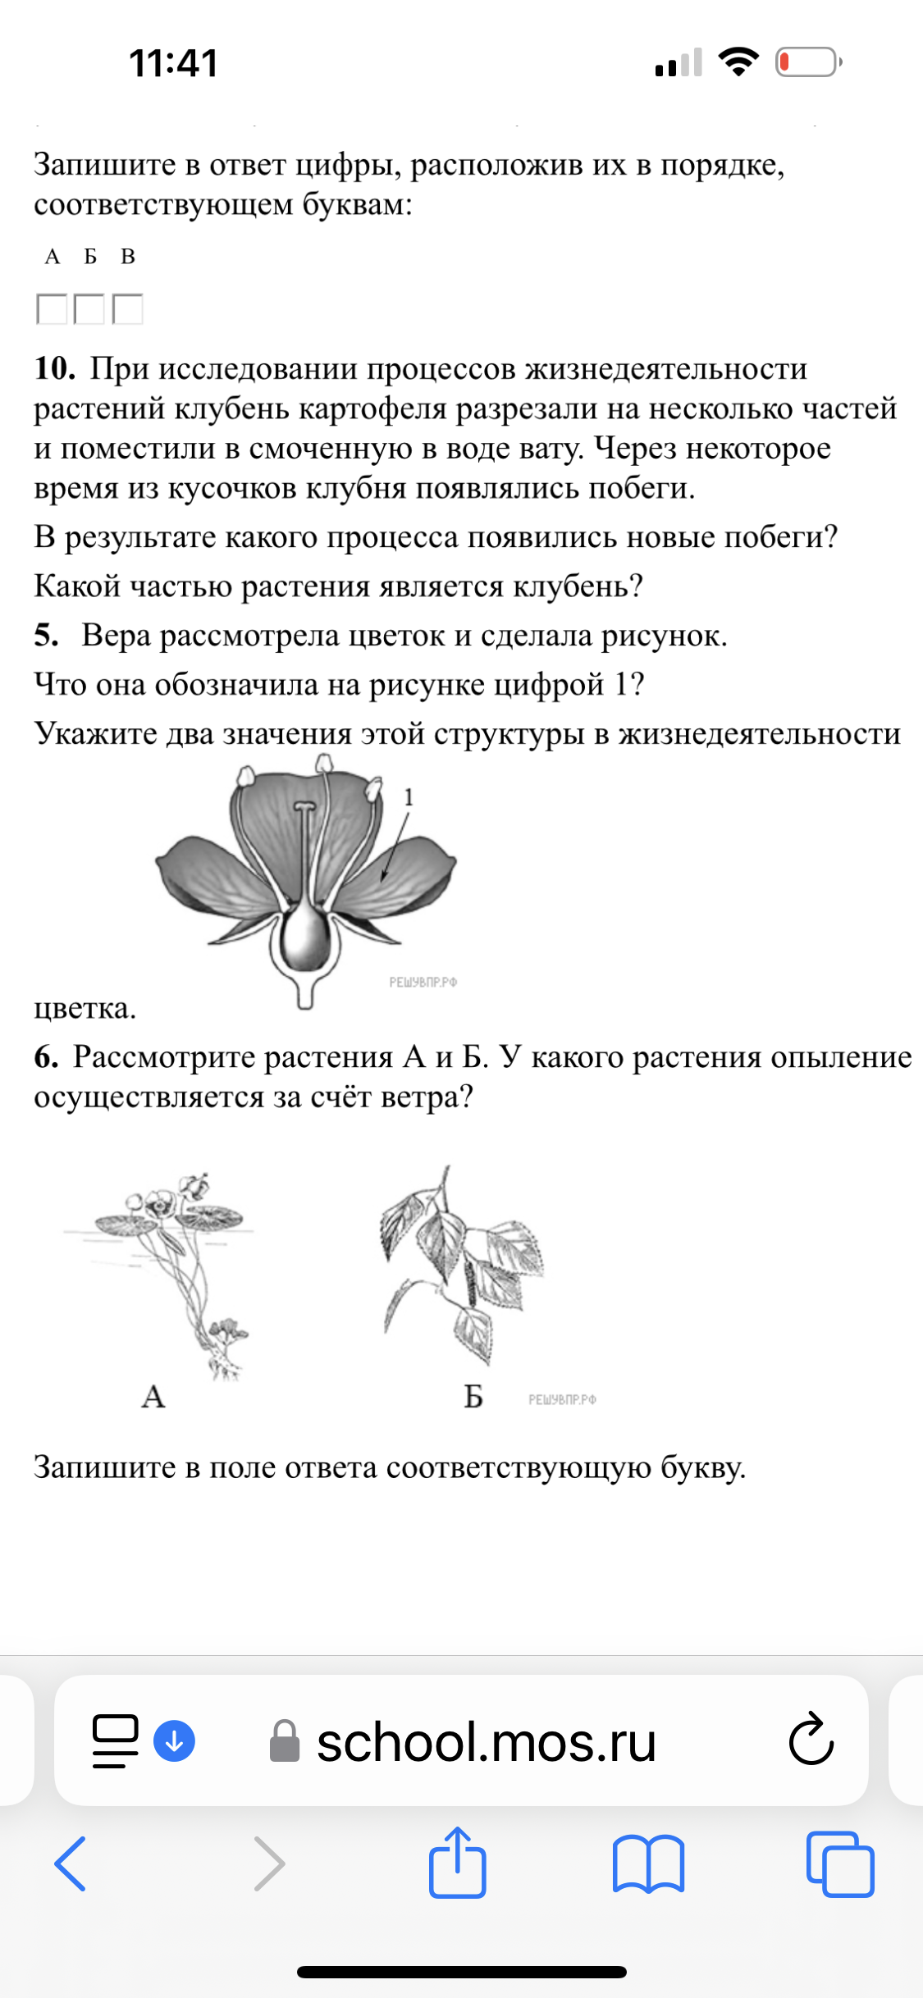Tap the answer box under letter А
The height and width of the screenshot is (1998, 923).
pyautogui.click(x=52, y=309)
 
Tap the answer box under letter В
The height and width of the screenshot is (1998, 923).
pyautogui.click(x=127, y=309)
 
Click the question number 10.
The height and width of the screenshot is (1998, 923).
pyautogui.click(x=54, y=369)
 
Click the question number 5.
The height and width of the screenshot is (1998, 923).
pyautogui.click(x=46, y=636)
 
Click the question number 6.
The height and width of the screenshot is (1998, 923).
pyautogui.click(x=46, y=1057)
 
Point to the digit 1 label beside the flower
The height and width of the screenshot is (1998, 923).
pyautogui.click(x=409, y=797)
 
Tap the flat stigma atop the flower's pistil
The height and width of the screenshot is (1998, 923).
pyautogui.click(x=304, y=807)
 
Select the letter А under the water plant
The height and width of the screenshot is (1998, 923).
pyautogui.click(x=153, y=1396)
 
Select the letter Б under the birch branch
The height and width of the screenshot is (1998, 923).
pyautogui.click(x=473, y=1396)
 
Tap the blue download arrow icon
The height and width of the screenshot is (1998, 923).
pyautogui.click(x=174, y=1740)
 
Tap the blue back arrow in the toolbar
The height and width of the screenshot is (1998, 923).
pyautogui.click(x=71, y=1863)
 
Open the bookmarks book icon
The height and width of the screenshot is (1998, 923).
pyautogui.click(x=648, y=1863)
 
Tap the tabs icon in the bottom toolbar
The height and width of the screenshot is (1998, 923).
pyautogui.click(x=840, y=1863)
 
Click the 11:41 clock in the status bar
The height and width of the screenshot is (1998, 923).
pyautogui.click(x=173, y=63)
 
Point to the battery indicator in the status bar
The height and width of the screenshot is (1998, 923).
pyautogui.click(x=808, y=62)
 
